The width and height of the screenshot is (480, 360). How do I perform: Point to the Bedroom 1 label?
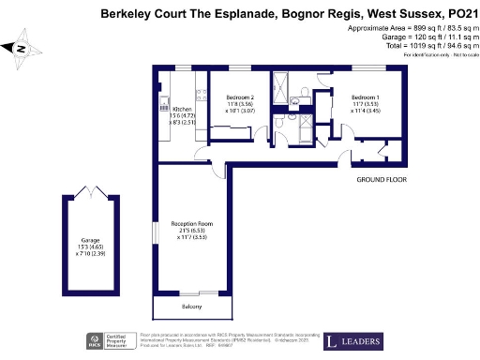click(366, 97)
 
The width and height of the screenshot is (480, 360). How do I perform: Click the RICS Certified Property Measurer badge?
click(107, 341)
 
